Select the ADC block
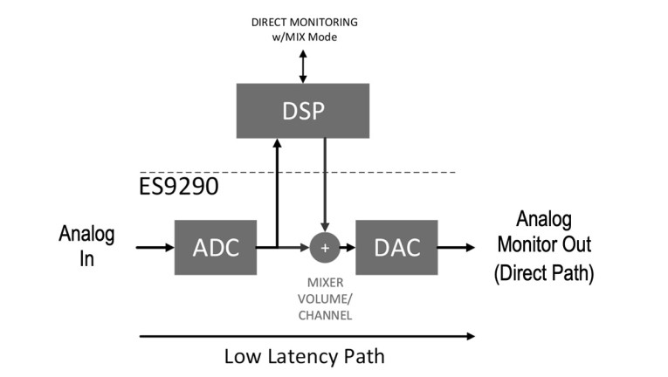click(215, 247)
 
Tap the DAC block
click(396, 247)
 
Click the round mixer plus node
click(325, 247)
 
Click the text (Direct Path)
click(544, 273)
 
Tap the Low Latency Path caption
click(304, 356)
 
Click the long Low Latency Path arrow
click(306, 334)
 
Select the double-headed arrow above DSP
click(303, 65)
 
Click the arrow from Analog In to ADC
click(155, 247)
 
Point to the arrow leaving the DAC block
click(456, 247)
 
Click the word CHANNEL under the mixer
click(324, 315)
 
